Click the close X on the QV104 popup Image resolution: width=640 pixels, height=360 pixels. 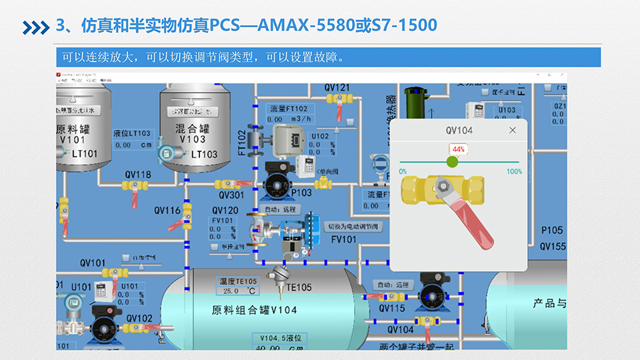pyautogui.click(x=512, y=130)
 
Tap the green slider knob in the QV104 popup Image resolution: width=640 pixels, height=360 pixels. pyautogui.click(x=453, y=161)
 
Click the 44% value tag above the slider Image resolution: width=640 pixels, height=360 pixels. pyautogui.click(x=457, y=149)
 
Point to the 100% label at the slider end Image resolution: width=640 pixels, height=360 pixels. pyautogui.click(x=514, y=172)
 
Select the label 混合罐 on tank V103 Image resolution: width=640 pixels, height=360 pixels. pyautogui.click(x=191, y=127)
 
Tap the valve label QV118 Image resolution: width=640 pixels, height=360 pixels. pyautogui.click(x=138, y=175)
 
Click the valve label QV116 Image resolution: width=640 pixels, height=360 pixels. pyautogui.click(x=167, y=210)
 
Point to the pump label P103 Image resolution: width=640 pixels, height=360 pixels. pyautogui.click(x=301, y=193)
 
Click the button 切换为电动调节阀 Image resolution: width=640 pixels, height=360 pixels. pyautogui.click(x=353, y=227)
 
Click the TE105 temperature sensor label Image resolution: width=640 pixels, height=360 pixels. pyautogui.click(x=299, y=287)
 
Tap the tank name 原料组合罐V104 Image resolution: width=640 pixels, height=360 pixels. pyautogui.click(x=255, y=310)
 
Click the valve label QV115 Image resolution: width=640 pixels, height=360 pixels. pyautogui.click(x=392, y=309)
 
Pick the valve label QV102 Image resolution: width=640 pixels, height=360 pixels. pyautogui.click(x=139, y=318)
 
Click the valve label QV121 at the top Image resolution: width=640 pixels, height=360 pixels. pyautogui.click(x=337, y=87)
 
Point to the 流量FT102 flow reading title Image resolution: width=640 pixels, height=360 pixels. pyautogui.click(x=289, y=109)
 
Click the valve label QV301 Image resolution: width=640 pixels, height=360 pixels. pyautogui.click(x=231, y=195)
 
